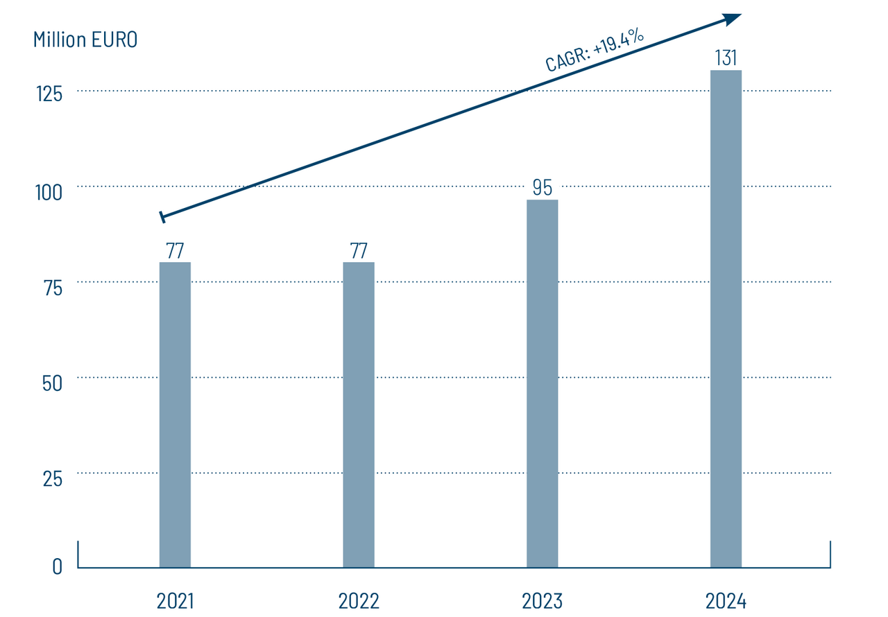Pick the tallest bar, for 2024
(x=726, y=319)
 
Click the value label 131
(x=726, y=58)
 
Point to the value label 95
(x=542, y=187)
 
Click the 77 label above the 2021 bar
(x=175, y=250)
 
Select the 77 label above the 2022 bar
(x=359, y=250)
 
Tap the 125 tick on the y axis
(x=49, y=94)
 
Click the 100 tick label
(x=49, y=192)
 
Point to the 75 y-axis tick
(x=53, y=288)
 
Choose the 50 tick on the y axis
(x=53, y=383)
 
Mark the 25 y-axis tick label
(x=53, y=478)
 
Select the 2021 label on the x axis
(x=175, y=600)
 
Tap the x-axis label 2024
(x=726, y=600)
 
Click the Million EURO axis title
(x=85, y=40)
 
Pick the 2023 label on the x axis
(x=542, y=600)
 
